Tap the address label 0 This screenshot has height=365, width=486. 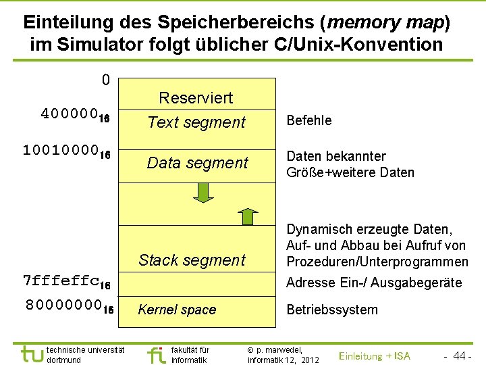click(105, 80)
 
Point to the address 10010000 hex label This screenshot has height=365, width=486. click(67, 150)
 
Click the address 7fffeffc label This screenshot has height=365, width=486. click(67, 281)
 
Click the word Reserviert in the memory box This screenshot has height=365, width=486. click(196, 98)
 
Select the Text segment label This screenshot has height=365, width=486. click(196, 122)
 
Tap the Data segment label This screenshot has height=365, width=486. click(197, 163)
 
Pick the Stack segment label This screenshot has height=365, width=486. click(192, 260)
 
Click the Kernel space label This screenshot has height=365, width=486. click(177, 310)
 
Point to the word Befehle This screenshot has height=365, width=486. click(309, 120)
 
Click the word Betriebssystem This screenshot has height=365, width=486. click(332, 310)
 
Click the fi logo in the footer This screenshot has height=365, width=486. click(156, 354)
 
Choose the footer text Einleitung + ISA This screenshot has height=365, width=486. click(374, 356)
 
